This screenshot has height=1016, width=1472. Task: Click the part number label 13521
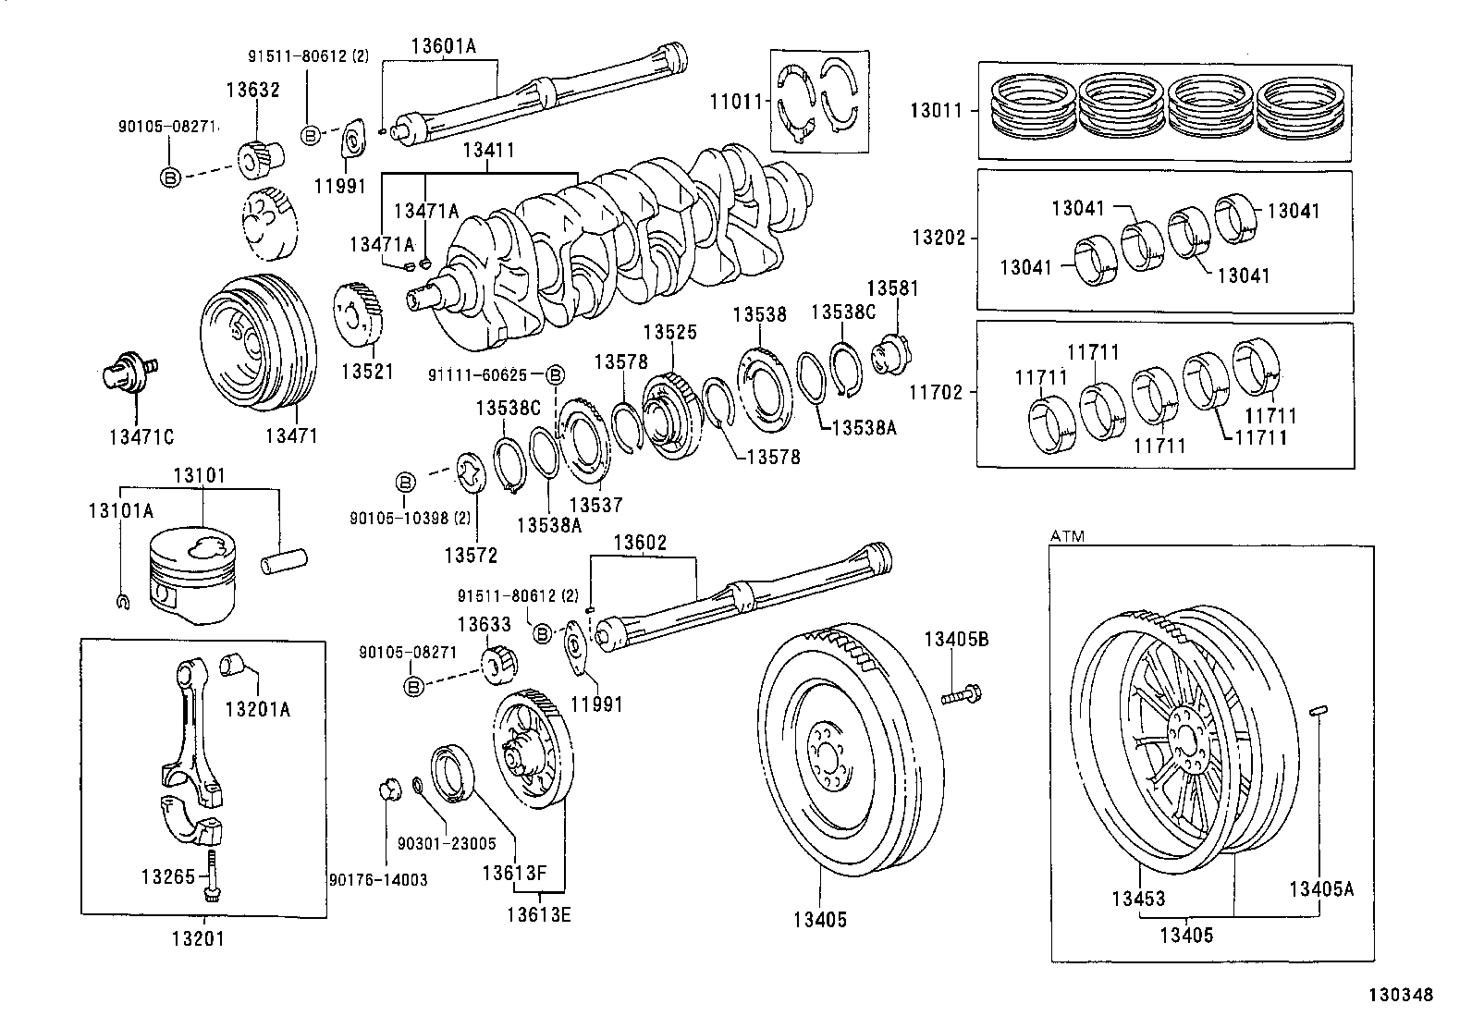coord(367,372)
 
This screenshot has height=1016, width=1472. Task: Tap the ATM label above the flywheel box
coord(1067,535)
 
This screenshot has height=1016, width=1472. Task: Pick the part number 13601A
coord(443,45)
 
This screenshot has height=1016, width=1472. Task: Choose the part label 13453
coord(1138,898)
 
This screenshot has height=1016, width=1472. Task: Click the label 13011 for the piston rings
coord(936,110)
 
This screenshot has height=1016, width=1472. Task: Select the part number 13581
coord(892,288)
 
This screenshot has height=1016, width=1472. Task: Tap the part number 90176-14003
coord(378,879)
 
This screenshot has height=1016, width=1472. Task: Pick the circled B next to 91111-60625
coord(556,374)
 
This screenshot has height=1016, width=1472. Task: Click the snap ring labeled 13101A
coord(122,602)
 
